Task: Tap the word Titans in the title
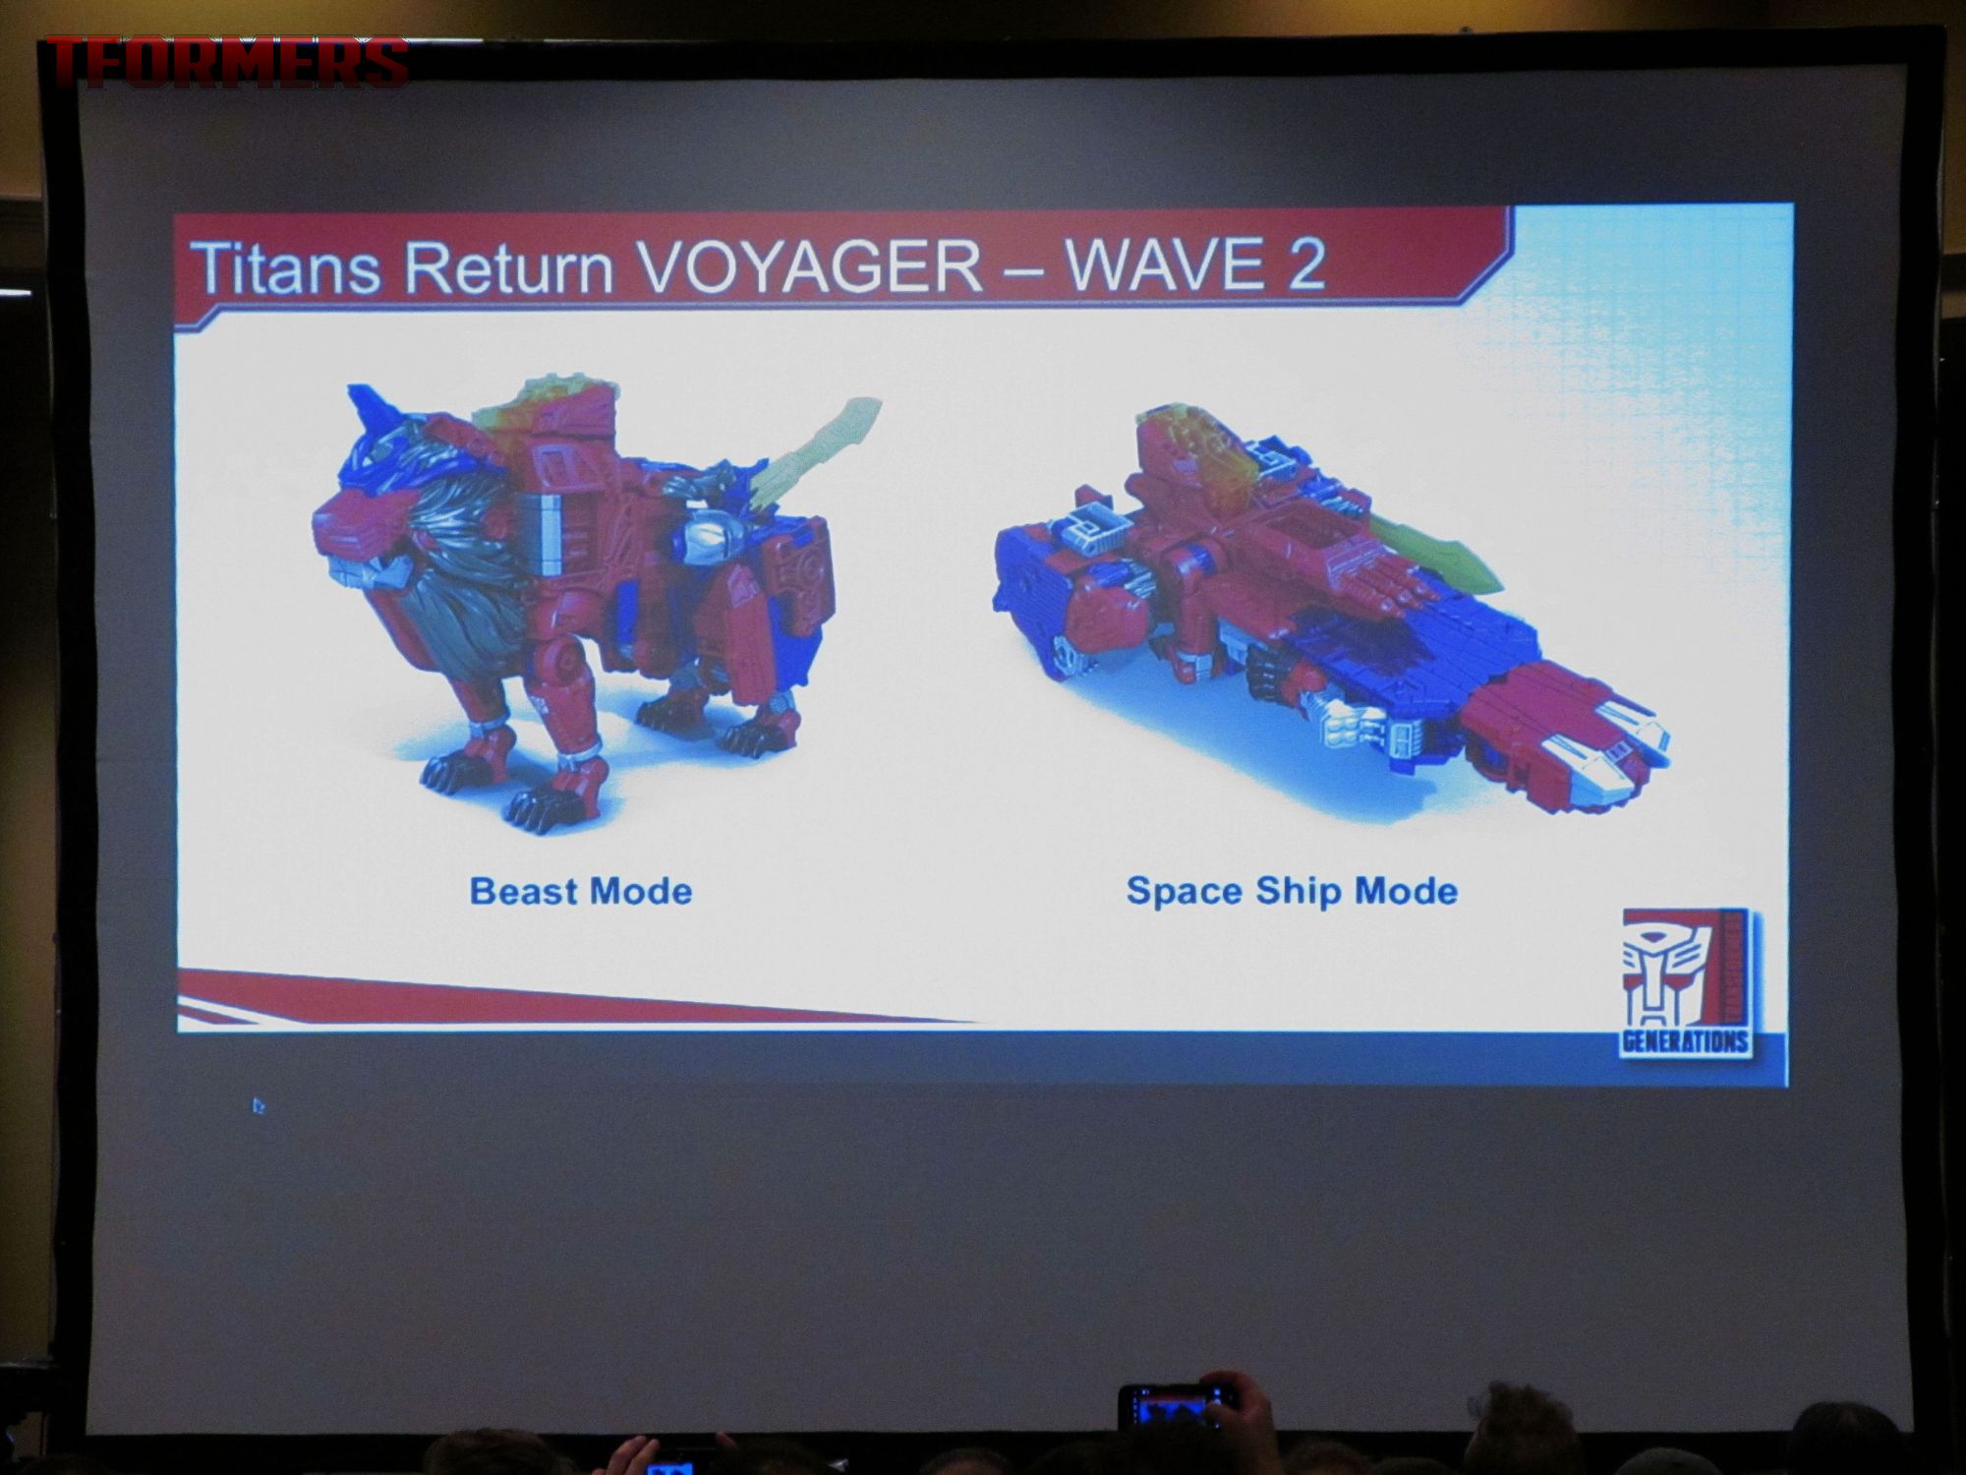click(286, 266)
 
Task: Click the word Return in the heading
click(509, 266)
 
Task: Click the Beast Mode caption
click(581, 891)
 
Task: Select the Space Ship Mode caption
click(1292, 891)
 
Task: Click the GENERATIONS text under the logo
click(1685, 1041)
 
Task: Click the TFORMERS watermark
click(227, 62)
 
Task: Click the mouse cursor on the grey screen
click(258, 1106)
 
